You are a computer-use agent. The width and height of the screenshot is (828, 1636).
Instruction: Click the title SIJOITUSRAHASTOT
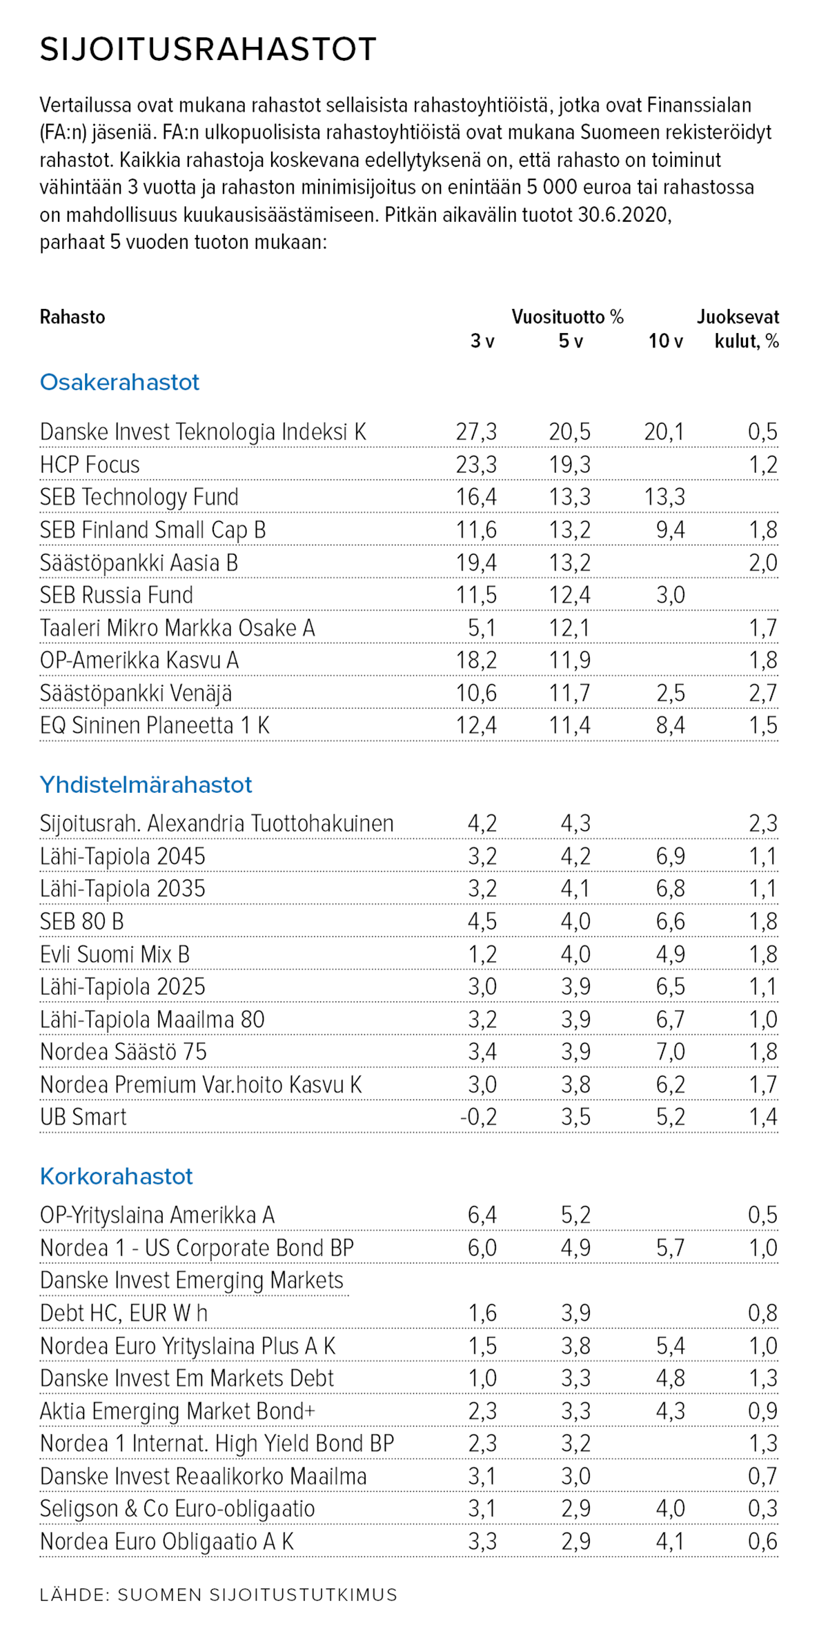(x=208, y=50)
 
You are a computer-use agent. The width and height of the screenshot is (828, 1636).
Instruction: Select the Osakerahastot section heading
(x=119, y=382)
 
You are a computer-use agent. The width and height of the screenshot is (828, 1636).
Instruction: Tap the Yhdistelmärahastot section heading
(x=146, y=785)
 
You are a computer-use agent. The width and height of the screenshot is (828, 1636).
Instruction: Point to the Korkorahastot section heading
(x=116, y=1176)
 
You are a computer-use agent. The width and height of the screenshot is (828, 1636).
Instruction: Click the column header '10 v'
(x=665, y=341)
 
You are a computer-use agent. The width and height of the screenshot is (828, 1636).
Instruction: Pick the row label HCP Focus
(x=90, y=465)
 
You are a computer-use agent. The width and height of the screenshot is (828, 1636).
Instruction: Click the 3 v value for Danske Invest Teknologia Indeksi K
(x=476, y=432)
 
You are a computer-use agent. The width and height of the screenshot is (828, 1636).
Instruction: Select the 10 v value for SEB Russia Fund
(x=670, y=595)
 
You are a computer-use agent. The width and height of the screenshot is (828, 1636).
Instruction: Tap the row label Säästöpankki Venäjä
(x=136, y=693)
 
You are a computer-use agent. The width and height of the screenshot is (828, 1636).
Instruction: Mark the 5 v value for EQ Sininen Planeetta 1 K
(x=570, y=725)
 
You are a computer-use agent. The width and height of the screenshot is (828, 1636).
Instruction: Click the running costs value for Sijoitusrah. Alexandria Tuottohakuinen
(x=763, y=823)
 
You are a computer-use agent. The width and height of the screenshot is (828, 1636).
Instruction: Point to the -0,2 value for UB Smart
(x=478, y=1117)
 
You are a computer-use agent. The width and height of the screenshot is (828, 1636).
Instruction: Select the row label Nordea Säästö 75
(x=124, y=1052)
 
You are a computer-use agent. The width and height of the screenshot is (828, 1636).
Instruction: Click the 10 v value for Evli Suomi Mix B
(x=670, y=954)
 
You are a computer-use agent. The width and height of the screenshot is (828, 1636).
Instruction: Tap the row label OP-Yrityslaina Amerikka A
(x=157, y=1215)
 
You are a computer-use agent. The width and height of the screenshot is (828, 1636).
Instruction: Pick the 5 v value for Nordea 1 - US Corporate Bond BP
(x=575, y=1248)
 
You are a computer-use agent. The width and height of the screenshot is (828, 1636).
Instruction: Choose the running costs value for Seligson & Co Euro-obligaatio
(x=763, y=1508)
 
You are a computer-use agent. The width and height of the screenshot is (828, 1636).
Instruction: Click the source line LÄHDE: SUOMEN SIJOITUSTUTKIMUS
(x=219, y=1595)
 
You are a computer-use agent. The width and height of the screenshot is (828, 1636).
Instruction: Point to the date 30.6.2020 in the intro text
(x=624, y=215)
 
